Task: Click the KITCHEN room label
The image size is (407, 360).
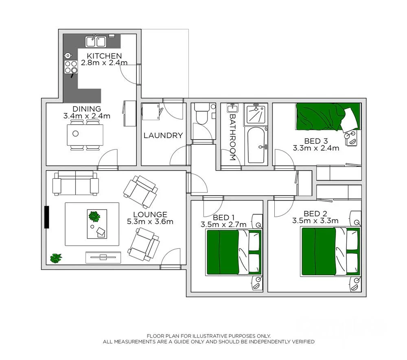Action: pyautogui.click(x=104, y=56)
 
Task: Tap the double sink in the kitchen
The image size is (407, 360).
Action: pyautogui.click(x=96, y=41)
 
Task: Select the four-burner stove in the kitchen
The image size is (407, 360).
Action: pyautogui.click(x=71, y=67)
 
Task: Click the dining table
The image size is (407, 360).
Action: pyautogui.click(x=85, y=135)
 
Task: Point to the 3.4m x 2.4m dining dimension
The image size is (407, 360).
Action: pyautogui.click(x=87, y=116)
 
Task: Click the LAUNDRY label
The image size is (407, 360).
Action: pyautogui.click(x=163, y=136)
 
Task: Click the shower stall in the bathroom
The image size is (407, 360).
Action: pyautogui.click(x=256, y=114)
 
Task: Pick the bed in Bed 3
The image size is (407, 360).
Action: pyautogui.click(x=328, y=117)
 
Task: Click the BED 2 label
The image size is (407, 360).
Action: pyautogui.click(x=315, y=214)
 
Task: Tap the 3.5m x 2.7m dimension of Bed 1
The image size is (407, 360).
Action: pyautogui.click(x=223, y=224)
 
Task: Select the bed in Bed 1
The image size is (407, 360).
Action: pyautogui.click(x=234, y=252)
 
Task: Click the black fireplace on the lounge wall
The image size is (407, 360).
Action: pyautogui.click(x=47, y=217)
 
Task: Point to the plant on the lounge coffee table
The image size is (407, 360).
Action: pyautogui.click(x=94, y=216)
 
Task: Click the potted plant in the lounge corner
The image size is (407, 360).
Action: pyautogui.click(x=56, y=258)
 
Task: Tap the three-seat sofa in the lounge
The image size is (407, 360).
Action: pyautogui.click(x=76, y=184)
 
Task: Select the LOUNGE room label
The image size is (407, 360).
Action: pyautogui.click(x=150, y=215)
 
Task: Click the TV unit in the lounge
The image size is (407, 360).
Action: pyautogui.click(x=103, y=257)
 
